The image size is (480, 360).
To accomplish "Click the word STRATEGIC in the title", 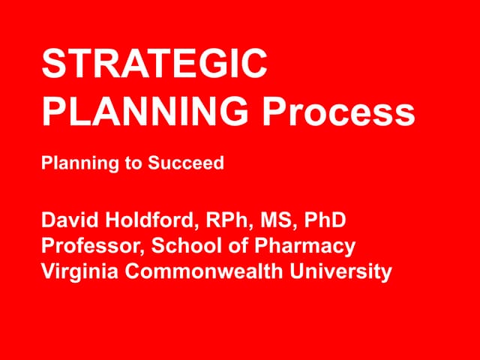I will [x=154, y=65].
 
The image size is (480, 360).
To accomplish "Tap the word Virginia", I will [x=80, y=271].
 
